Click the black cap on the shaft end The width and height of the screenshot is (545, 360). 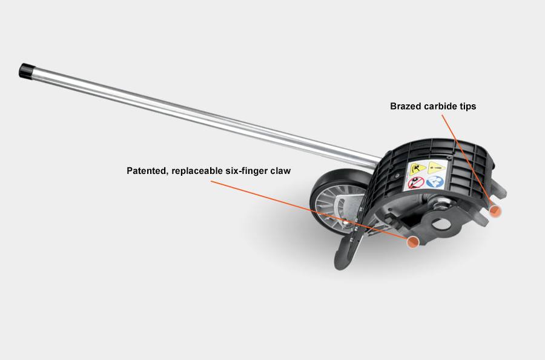pos(25,71)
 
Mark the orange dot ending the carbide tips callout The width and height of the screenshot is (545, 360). pos(495,210)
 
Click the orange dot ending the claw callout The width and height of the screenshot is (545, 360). pos(413,241)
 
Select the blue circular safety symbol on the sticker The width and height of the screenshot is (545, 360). pos(435,181)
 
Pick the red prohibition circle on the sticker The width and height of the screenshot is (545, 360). pos(416,182)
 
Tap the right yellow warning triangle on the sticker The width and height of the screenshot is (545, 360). pos(436,168)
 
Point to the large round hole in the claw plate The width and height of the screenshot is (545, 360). pos(441,224)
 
